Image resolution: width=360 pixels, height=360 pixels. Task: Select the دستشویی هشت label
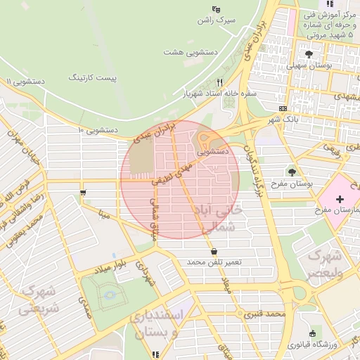[x=190, y=52]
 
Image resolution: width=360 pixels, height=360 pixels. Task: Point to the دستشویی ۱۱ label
[x=25, y=82]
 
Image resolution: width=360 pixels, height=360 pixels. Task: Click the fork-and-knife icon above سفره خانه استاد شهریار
[x=219, y=82]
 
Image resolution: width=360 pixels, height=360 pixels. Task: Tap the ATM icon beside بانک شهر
[x=283, y=108]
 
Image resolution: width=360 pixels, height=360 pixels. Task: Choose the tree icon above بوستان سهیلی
[x=309, y=54]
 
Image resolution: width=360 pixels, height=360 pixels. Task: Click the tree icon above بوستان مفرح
[x=291, y=172]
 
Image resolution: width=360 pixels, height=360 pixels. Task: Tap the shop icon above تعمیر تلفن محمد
[x=213, y=251]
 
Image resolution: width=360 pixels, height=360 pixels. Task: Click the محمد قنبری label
[x=264, y=313]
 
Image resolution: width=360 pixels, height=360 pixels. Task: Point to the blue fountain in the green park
[x=109, y=295]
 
